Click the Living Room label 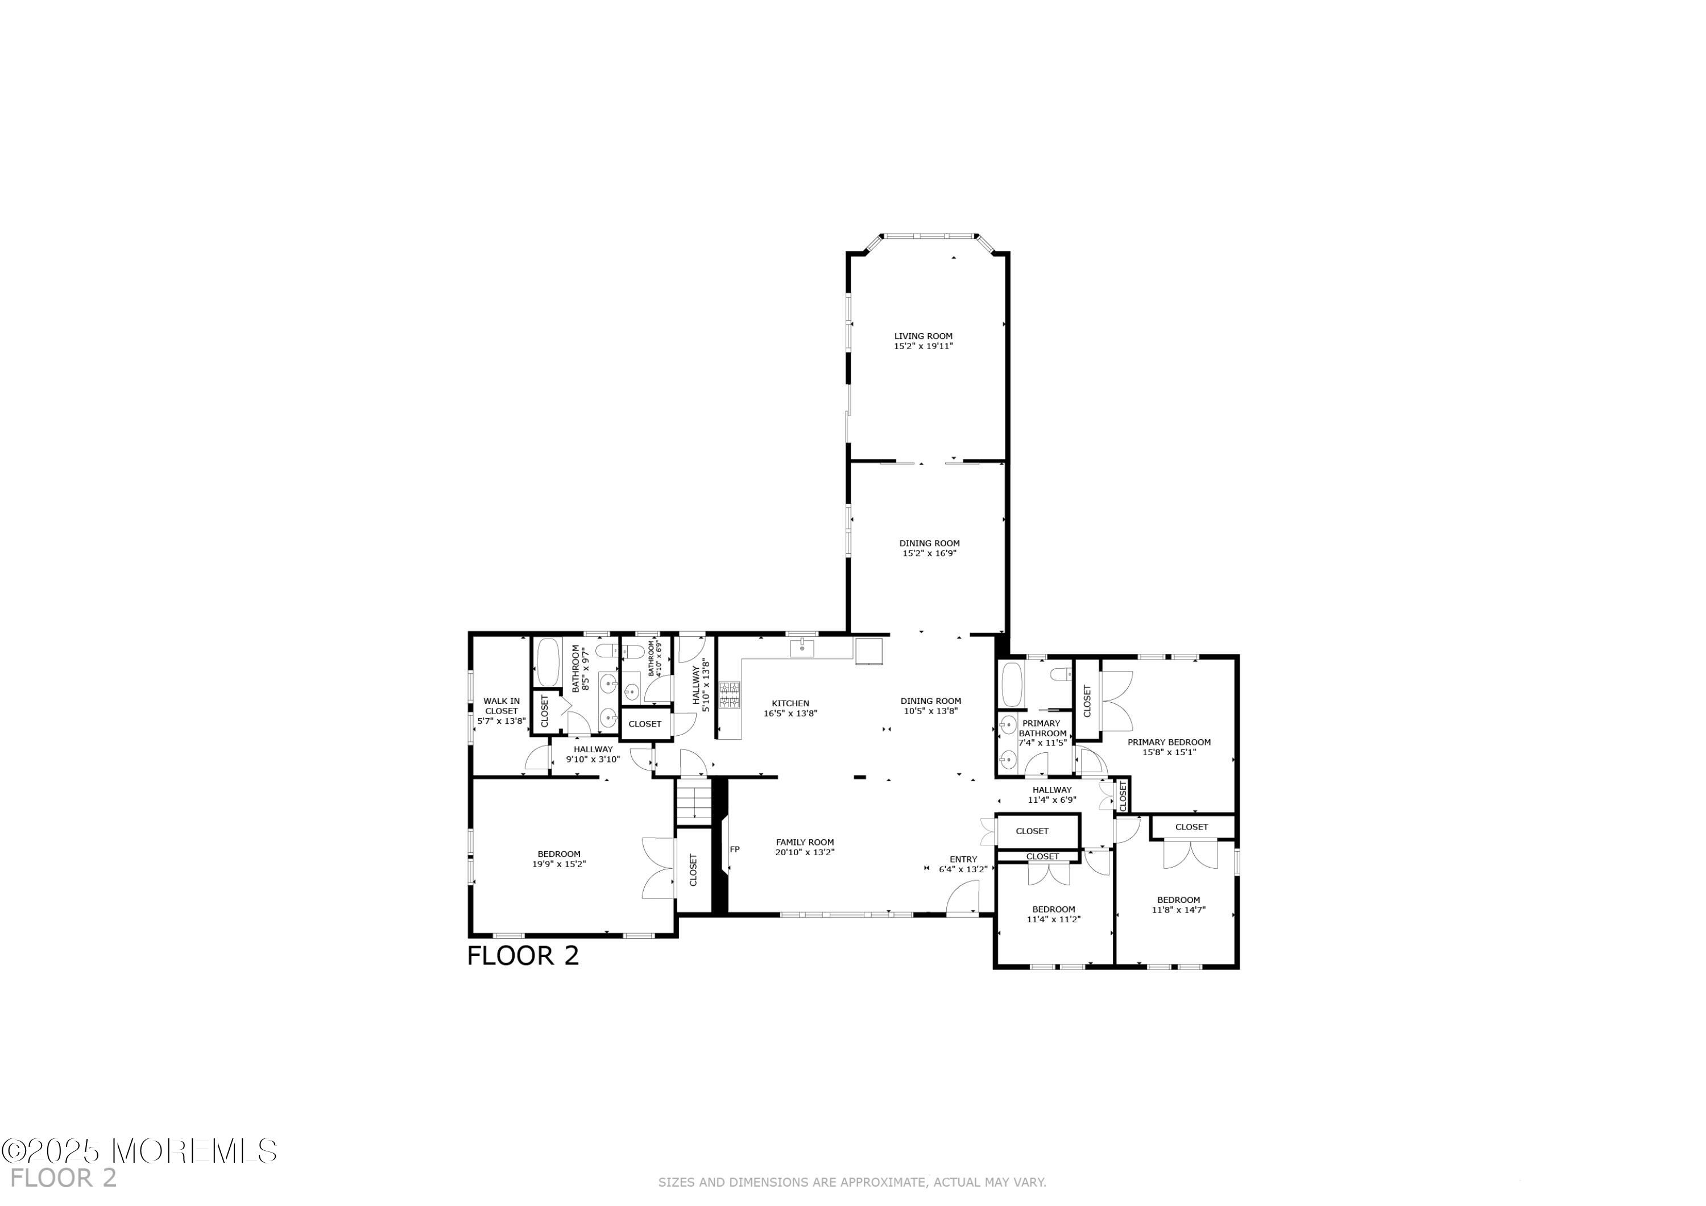[923, 336]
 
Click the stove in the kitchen [729, 695]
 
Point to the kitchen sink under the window [802, 648]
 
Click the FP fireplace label [734, 848]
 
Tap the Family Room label [805, 842]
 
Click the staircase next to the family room [693, 802]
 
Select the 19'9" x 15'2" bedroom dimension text [559, 864]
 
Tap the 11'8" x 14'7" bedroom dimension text [1178, 910]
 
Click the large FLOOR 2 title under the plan [523, 956]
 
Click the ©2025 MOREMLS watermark [139, 1151]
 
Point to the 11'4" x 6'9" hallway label [1051, 800]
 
